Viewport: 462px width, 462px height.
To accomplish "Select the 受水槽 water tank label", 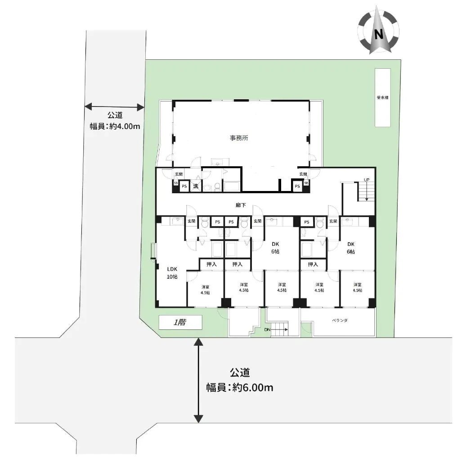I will click(x=383, y=98).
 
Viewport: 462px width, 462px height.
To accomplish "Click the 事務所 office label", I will click(x=239, y=138).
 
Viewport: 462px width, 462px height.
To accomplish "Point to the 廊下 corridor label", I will click(x=241, y=205).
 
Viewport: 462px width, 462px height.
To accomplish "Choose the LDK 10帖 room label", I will click(x=172, y=272).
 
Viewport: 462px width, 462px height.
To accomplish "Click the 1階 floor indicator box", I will click(x=179, y=322).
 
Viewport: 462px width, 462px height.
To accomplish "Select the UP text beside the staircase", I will click(x=367, y=180).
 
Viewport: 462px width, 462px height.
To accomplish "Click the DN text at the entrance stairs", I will click(x=267, y=330).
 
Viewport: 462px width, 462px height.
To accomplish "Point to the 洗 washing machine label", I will click(x=196, y=186).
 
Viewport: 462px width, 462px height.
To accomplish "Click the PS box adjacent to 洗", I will click(x=184, y=186).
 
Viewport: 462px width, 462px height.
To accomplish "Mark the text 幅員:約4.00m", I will click(x=115, y=126).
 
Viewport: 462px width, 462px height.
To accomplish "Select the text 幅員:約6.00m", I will click(x=239, y=387).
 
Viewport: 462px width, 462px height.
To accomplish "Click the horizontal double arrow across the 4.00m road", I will click(x=114, y=107).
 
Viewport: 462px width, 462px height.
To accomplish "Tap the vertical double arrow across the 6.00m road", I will click(x=197, y=381).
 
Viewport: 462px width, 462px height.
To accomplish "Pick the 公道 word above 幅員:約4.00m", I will click(x=115, y=115).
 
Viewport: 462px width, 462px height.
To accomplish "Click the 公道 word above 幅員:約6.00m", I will click(x=239, y=373).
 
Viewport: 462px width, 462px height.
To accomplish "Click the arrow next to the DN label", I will click(x=279, y=330).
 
